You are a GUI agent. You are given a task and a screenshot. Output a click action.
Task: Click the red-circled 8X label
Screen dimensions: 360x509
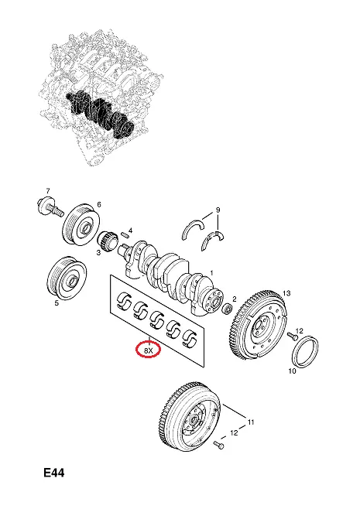coord(148,350)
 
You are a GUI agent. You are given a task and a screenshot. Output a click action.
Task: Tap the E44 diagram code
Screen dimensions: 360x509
coord(54,473)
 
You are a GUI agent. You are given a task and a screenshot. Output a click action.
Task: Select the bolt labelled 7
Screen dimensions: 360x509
coord(50,208)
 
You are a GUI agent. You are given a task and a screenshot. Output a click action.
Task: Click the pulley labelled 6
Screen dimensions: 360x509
coord(81,224)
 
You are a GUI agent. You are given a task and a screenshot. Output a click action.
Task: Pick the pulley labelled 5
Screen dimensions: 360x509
coord(67,278)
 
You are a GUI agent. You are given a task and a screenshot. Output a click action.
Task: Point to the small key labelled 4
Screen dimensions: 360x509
coord(124,234)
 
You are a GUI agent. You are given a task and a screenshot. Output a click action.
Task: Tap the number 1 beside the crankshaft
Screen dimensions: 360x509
coord(212,273)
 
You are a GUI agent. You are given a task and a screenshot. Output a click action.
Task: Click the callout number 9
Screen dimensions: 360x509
coord(218,210)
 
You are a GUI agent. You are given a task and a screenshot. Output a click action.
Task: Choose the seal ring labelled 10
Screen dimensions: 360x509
coord(305,352)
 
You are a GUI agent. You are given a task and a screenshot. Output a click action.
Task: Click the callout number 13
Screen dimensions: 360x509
coord(286,293)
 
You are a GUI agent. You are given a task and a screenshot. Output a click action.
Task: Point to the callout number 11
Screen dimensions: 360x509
coord(251,422)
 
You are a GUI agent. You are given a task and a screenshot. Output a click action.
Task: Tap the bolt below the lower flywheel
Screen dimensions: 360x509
coord(218,445)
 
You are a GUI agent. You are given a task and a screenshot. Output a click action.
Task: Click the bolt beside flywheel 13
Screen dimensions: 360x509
coord(293,336)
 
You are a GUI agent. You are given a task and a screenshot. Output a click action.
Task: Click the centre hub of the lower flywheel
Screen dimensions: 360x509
coord(194,419)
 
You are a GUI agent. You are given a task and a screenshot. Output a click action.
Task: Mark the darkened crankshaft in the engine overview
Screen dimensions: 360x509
coord(100,112)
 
